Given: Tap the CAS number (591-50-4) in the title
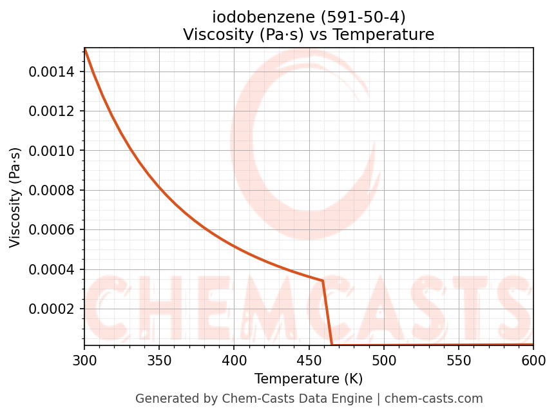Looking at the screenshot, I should tap(363, 17).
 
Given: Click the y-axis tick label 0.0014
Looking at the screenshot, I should tap(52, 72).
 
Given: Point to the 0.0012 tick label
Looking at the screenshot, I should tap(52, 111).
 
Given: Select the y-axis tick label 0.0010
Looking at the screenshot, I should tap(52, 151).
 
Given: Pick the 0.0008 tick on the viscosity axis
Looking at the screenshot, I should tap(52, 190).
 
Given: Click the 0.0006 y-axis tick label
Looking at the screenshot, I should tap(52, 230).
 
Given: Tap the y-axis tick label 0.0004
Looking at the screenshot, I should tap(52, 269).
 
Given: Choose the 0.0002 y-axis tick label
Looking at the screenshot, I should tap(52, 309).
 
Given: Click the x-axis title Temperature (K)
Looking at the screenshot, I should tap(309, 378).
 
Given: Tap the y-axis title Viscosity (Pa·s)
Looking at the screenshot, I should tap(15, 197).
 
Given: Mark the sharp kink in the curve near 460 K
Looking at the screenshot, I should tap(322, 280).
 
